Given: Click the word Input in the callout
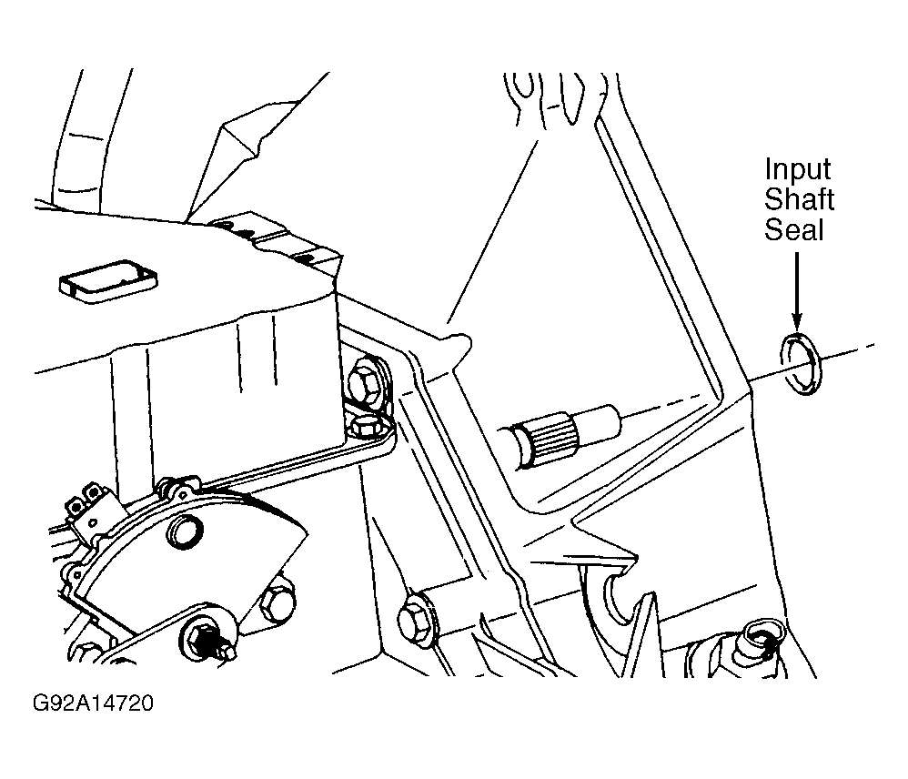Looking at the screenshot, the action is coord(797,170).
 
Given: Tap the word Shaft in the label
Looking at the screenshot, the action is coord(799,199).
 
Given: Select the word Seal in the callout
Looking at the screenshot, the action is coord(793,229).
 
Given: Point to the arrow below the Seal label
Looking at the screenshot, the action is coord(797,289).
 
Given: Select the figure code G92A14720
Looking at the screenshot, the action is coord(93,703).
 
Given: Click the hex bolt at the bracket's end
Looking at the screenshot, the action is coord(368,427).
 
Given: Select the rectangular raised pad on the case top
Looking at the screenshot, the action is coord(107,281).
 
